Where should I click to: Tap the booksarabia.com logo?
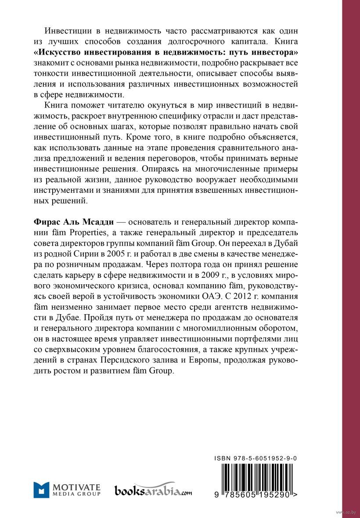click(153, 490)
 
